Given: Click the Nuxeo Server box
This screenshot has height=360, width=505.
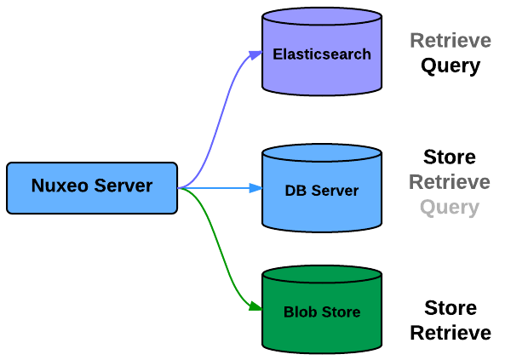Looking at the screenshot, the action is click(92, 188).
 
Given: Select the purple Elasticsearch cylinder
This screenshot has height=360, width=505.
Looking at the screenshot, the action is click(322, 52).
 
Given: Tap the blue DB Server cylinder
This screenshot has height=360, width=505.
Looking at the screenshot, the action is click(322, 188).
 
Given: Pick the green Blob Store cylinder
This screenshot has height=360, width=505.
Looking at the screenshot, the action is click(322, 310).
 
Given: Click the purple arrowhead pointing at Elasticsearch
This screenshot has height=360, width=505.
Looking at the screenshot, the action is click(256, 54).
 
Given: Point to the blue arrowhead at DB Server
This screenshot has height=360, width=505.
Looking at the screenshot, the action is click(256, 188).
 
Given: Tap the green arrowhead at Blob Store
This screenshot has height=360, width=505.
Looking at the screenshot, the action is click(255, 306).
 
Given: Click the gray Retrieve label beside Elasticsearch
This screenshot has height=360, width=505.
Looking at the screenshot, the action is click(450, 41).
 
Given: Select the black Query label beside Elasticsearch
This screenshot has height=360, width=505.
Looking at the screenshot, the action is click(450, 66).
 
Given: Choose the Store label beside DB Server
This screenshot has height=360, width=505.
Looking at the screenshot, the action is click(450, 157).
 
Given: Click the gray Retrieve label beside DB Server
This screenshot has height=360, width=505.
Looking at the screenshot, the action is click(450, 182).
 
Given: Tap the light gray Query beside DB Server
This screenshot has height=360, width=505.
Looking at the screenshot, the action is click(450, 208).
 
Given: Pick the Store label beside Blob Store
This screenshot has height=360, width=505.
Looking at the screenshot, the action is click(450, 308).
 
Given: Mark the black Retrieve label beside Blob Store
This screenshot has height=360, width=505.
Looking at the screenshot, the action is click(450, 333).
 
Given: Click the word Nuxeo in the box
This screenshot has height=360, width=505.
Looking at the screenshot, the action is click(60, 186).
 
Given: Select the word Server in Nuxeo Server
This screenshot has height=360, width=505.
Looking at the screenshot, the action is click(123, 186).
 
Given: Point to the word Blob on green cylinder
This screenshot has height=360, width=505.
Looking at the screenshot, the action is click(301, 311).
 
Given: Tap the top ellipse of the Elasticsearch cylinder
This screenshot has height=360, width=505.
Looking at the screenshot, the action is click(322, 16).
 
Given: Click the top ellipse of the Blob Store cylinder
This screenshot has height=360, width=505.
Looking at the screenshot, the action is click(322, 274).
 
